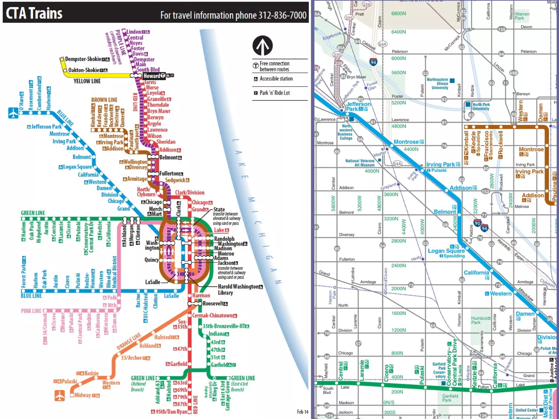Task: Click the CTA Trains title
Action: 34,13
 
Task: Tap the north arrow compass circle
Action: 262,46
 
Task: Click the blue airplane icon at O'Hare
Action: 13,113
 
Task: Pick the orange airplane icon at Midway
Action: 60,395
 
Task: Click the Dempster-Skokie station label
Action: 83,59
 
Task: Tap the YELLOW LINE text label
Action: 87,81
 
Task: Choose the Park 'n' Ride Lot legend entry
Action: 274,93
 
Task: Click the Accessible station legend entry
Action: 276,79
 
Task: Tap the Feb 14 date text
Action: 302,412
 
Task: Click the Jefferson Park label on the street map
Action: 358,106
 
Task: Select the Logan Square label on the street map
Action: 446,251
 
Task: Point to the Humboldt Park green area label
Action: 480,320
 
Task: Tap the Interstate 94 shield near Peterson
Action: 373,62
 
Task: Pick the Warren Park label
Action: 522,16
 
